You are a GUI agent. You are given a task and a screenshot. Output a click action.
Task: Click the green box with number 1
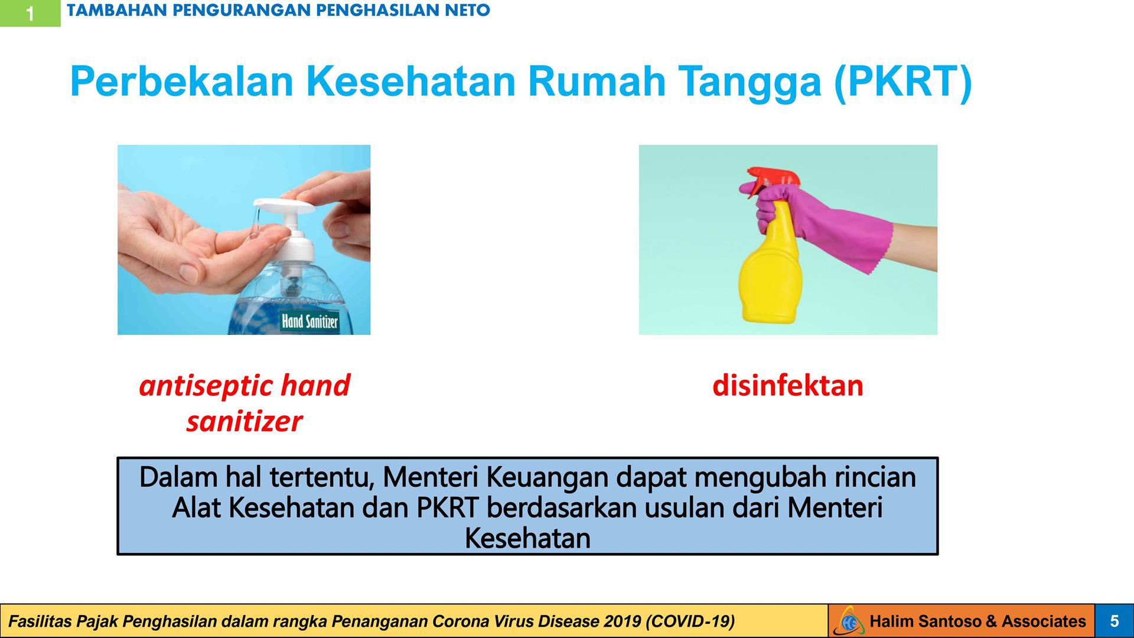30,13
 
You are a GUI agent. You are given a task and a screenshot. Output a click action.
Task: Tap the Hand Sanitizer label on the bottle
310,321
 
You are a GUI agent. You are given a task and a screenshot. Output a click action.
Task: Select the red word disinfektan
788,386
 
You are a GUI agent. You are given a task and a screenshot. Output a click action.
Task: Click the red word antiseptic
204,386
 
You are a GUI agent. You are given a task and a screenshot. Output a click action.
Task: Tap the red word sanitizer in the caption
244,422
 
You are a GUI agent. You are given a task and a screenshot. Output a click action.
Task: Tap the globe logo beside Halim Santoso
849,621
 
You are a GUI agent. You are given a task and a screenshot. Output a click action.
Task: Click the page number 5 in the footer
1115,621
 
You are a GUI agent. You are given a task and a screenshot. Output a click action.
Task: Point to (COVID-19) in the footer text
690,621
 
